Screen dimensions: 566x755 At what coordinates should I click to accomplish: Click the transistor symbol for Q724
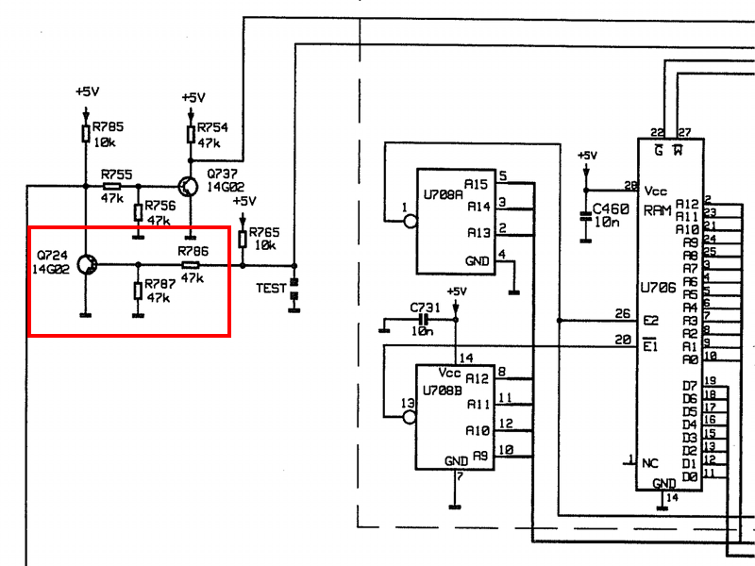(x=86, y=265)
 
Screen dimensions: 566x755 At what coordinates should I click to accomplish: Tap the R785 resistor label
(x=107, y=126)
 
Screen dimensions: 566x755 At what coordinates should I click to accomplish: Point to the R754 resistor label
(x=212, y=127)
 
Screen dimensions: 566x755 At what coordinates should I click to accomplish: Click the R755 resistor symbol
(x=111, y=187)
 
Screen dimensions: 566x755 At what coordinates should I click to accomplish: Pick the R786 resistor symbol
(x=190, y=265)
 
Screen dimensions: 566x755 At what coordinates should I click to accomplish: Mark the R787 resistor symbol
(x=139, y=288)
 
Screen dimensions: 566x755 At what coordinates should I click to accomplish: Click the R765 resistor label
(x=264, y=232)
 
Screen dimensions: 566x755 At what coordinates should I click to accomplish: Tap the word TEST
(x=271, y=288)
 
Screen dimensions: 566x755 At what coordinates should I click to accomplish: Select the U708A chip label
(x=444, y=196)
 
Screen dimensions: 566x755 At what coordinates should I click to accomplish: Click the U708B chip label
(x=444, y=389)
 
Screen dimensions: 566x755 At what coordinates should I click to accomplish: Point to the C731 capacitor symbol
(x=422, y=320)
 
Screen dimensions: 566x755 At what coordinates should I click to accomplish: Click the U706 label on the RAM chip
(x=658, y=288)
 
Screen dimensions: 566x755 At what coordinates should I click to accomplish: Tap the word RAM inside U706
(x=658, y=210)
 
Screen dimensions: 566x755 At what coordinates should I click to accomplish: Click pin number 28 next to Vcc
(x=629, y=185)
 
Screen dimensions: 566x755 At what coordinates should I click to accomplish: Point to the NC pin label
(x=651, y=463)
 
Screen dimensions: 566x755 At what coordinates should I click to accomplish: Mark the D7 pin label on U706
(x=690, y=387)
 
